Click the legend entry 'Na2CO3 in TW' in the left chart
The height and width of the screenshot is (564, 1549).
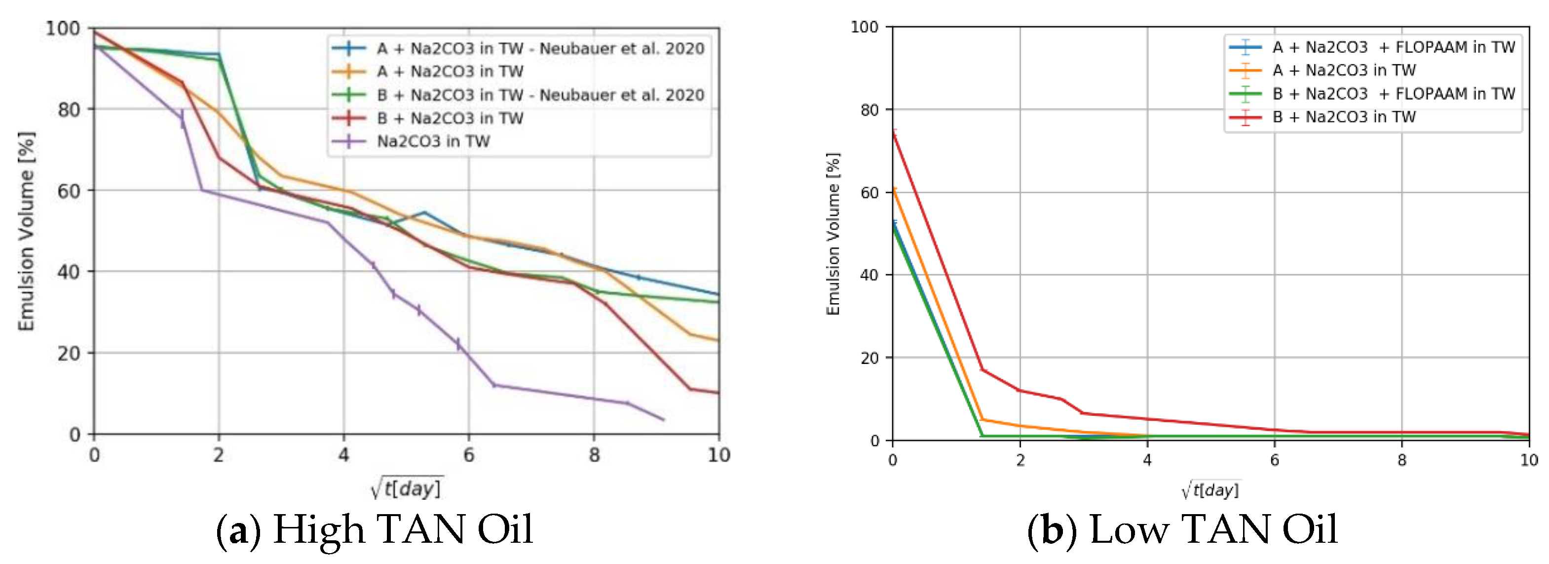click(433, 141)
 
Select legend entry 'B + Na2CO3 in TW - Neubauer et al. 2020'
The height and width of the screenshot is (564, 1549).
click(540, 95)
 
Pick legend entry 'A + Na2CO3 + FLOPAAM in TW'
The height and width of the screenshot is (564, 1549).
click(1393, 47)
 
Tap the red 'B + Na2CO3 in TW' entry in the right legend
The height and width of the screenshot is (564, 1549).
click(1343, 117)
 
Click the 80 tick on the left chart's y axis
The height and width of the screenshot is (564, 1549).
click(69, 110)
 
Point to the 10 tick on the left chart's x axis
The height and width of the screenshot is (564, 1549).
click(718, 455)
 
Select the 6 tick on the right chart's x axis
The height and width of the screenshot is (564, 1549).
click(1274, 460)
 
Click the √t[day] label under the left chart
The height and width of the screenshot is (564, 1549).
click(407, 487)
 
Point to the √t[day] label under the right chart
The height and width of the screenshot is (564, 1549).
click(1210, 489)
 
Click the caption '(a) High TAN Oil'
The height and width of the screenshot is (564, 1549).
click(374, 530)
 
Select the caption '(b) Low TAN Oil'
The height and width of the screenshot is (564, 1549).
click(1182, 530)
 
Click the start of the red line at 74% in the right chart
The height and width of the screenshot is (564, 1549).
click(894, 134)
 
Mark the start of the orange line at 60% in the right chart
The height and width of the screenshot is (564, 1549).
click(894, 190)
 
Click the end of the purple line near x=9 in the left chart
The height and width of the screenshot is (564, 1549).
click(663, 419)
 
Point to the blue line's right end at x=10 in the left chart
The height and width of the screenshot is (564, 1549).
click(718, 294)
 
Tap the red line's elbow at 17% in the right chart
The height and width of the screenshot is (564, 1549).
click(982, 369)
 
